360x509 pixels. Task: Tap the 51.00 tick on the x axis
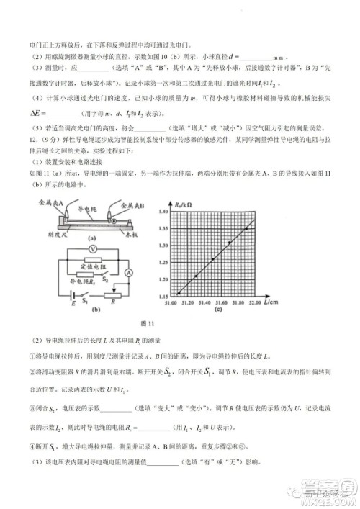coord(172,304)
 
